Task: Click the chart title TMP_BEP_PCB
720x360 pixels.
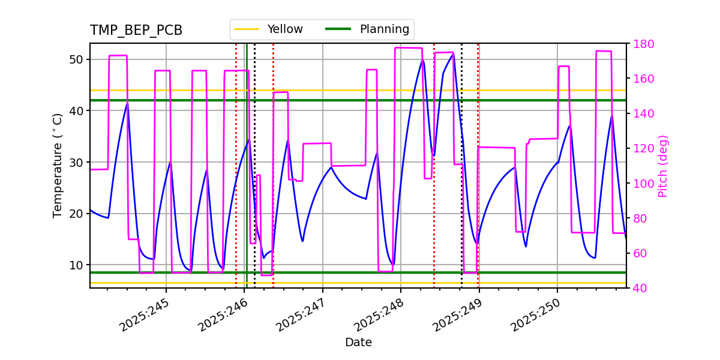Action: point(136,31)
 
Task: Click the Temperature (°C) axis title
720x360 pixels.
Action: point(58,166)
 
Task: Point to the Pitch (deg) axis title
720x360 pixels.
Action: point(663,166)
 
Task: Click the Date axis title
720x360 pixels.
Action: point(358,343)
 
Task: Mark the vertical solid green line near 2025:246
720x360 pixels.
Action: point(247,180)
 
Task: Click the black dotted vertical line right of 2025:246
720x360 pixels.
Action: point(254,180)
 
